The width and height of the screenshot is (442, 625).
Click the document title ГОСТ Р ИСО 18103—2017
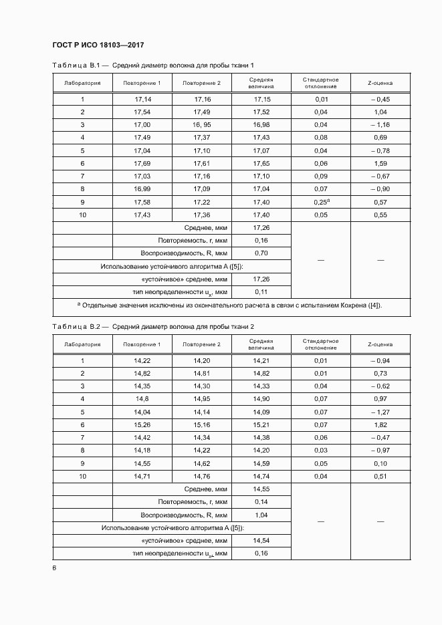[98, 45]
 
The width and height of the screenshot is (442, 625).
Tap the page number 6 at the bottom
[54, 568]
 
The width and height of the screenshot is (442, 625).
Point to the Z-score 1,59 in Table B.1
[380, 163]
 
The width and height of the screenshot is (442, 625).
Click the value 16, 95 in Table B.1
[202, 124]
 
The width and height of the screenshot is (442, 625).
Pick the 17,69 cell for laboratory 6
[142, 163]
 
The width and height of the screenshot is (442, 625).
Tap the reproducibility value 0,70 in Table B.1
[261, 253]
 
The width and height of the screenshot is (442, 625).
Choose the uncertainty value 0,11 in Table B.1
[261, 292]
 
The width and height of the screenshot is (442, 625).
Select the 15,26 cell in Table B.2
[142, 424]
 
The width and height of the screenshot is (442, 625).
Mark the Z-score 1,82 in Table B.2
[380, 424]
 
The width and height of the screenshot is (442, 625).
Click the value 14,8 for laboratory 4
[142, 398]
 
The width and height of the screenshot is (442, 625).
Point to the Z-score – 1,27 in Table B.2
[380, 412]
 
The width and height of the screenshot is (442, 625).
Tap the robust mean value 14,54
[261, 540]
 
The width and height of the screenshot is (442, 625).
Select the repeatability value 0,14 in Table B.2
[261, 501]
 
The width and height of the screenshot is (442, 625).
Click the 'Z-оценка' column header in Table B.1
[380, 83]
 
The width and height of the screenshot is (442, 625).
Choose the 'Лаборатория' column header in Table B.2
[82, 344]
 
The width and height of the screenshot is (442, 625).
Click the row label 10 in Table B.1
[82, 214]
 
